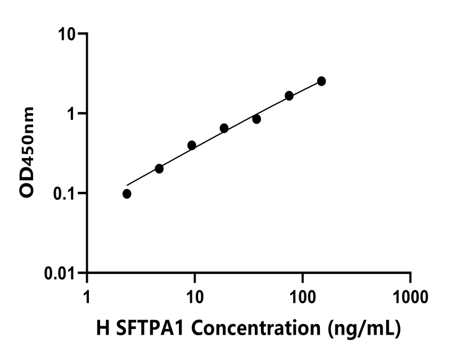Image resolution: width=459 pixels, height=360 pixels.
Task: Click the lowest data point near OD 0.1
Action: [127, 193]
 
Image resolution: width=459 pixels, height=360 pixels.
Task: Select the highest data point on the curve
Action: [321, 81]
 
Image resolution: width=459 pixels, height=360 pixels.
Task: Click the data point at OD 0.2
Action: [159, 169]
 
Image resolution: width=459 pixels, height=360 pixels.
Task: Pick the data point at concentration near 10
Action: [192, 145]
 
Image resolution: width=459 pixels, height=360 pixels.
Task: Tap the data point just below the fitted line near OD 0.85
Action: [256, 119]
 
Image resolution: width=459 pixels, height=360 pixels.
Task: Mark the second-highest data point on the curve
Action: [289, 96]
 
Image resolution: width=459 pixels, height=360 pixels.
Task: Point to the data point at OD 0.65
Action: [224, 128]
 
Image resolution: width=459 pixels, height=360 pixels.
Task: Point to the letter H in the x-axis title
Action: [102, 328]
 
